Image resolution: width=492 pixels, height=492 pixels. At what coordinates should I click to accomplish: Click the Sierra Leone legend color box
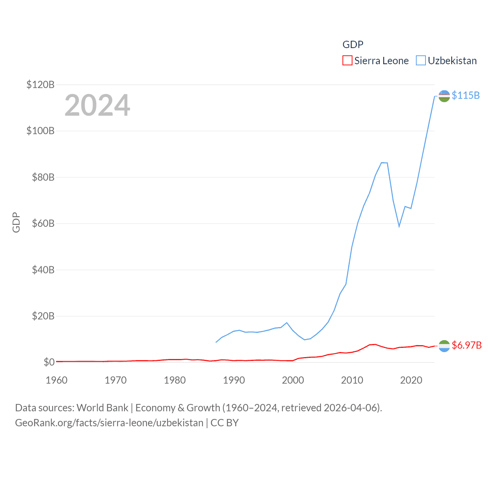347,61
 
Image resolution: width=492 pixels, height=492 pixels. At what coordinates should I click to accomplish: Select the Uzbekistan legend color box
421,61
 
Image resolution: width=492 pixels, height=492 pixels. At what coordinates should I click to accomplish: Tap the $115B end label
465,95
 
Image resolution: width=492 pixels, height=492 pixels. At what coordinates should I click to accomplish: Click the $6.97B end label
467,345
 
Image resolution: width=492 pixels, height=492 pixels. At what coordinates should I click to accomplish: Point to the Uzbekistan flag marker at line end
444,96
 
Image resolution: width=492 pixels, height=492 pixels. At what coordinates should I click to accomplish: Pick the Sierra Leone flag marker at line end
444,346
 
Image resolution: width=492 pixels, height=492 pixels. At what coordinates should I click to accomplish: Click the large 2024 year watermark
97,105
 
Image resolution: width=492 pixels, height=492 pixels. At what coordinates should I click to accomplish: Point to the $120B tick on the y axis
40,85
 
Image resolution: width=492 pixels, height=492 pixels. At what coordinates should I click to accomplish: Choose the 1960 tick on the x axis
57,380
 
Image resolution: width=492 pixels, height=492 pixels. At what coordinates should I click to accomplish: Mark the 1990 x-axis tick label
234,380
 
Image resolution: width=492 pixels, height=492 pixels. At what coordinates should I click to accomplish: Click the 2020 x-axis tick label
411,380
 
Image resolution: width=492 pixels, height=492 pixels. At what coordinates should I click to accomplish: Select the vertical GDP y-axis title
16,223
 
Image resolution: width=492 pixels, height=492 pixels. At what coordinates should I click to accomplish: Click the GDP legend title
353,45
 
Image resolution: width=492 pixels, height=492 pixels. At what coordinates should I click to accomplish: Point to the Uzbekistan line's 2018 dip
399,226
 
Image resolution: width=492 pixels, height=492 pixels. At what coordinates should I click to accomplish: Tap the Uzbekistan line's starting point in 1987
216,342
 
